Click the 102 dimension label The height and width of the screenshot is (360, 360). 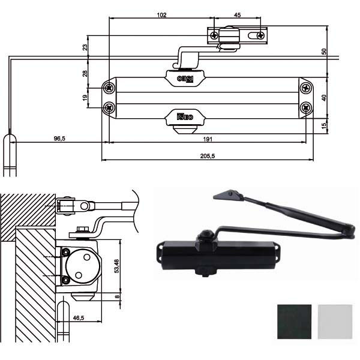pyautogui.click(x=161, y=15)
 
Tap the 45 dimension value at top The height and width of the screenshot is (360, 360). pyautogui.click(x=237, y=15)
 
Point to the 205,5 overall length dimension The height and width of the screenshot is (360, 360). pyautogui.click(x=208, y=156)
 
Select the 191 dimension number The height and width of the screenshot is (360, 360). pyautogui.click(x=208, y=139)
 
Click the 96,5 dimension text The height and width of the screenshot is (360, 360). pyautogui.click(x=59, y=139)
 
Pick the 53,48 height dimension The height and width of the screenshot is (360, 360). pyautogui.click(x=116, y=266)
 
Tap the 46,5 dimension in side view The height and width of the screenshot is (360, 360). pyautogui.click(x=79, y=318)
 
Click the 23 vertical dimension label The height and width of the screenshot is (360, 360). pyautogui.click(x=85, y=47)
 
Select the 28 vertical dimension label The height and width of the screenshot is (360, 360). pyautogui.click(x=85, y=73)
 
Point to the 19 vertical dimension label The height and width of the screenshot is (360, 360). pyautogui.click(x=85, y=98)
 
